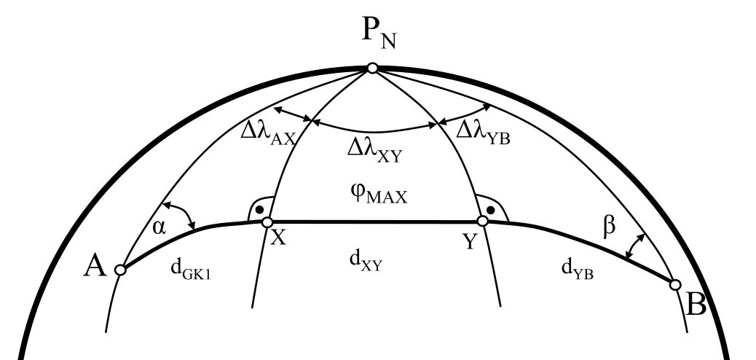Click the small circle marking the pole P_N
click(x=372, y=68)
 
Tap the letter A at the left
click(x=96, y=269)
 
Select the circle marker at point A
click(x=121, y=270)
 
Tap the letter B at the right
click(x=696, y=304)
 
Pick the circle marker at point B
click(x=675, y=284)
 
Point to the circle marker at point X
click(x=267, y=222)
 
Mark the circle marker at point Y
click(x=481, y=221)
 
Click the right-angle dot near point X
click(x=261, y=209)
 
